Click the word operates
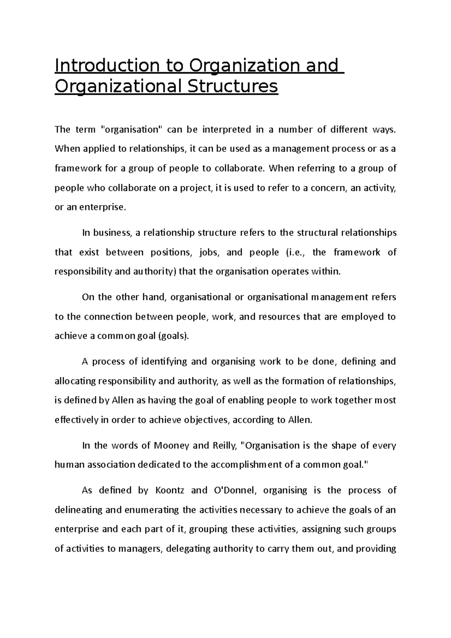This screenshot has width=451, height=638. click(x=288, y=272)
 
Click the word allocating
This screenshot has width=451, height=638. click(x=75, y=381)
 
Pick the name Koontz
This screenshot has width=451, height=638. click(x=166, y=491)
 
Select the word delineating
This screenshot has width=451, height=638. click(x=79, y=510)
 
